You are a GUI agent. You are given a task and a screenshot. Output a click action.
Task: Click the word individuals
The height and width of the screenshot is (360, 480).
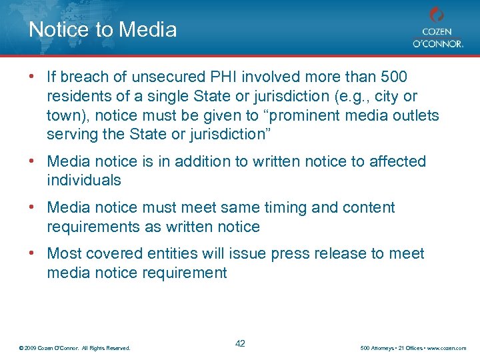point(84,180)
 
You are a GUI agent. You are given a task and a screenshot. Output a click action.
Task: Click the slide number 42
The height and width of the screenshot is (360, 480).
point(240,343)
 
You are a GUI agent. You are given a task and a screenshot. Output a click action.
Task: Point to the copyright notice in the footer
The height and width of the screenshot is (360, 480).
point(75,348)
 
